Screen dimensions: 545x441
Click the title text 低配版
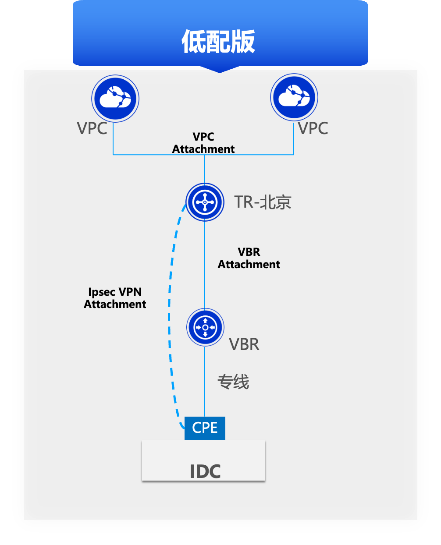click(x=218, y=42)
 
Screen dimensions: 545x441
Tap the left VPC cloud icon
click(x=115, y=98)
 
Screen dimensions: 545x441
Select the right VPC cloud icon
click(x=294, y=97)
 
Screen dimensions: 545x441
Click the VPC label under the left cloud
click(x=92, y=128)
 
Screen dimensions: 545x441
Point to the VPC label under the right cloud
click(x=313, y=128)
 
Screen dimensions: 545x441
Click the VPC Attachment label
click(x=203, y=143)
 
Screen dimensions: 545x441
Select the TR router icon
click(x=205, y=202)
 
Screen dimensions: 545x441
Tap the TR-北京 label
click(x=263, y=202)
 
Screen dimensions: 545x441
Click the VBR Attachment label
click(x=249, y=258)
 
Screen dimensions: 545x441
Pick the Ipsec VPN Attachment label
click(x=115, y=298)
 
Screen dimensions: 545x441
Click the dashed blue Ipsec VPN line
click(x=171, y=307)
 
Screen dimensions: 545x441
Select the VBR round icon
click(x=205, y=327)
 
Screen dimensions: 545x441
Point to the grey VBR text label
click(x=244, y=344)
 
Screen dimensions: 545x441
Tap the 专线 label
click(x=233, y=382)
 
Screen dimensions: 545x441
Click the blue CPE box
click(x=205, y=428)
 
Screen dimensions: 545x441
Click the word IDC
click(x=205, y=472)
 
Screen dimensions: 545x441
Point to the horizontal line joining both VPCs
click(x=158, y=155)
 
